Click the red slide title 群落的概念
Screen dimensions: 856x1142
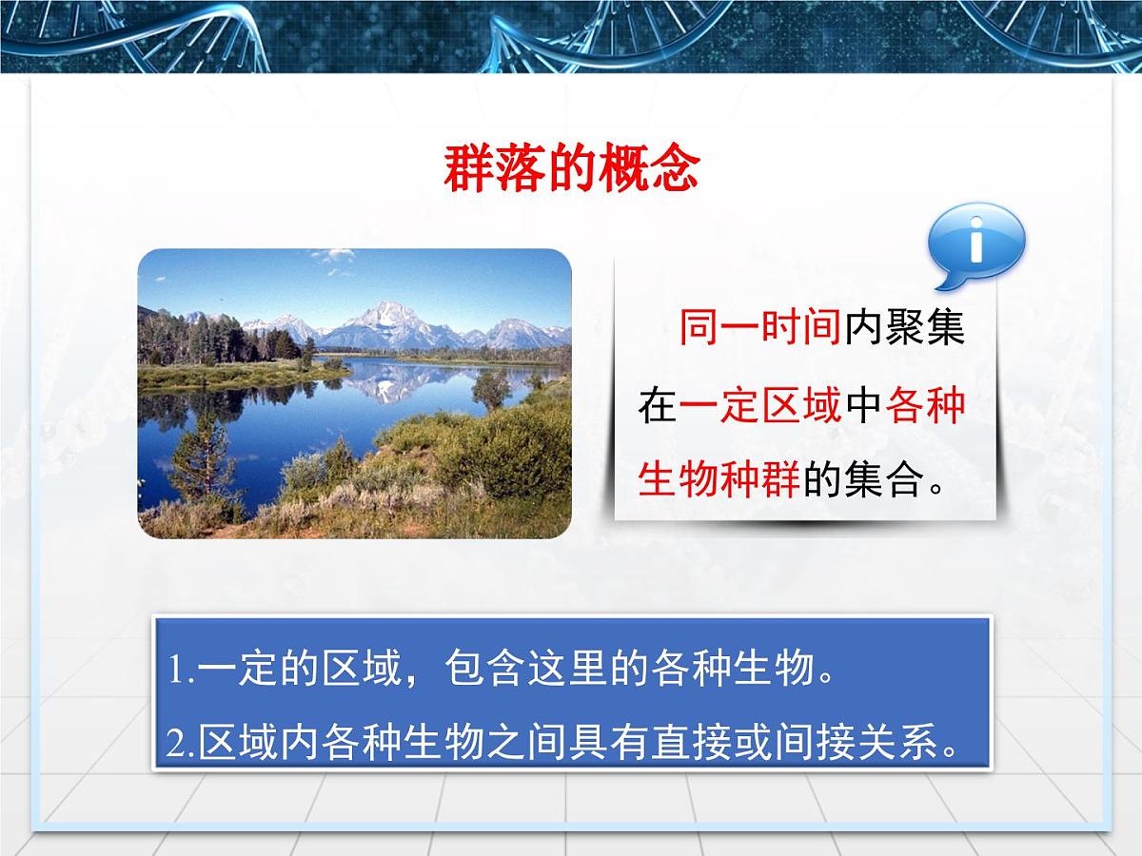click(572, 170)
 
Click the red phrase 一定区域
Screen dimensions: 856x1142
click(760, 406)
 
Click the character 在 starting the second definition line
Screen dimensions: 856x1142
click(657, 406)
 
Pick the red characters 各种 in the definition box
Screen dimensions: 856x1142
click(925, 406)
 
